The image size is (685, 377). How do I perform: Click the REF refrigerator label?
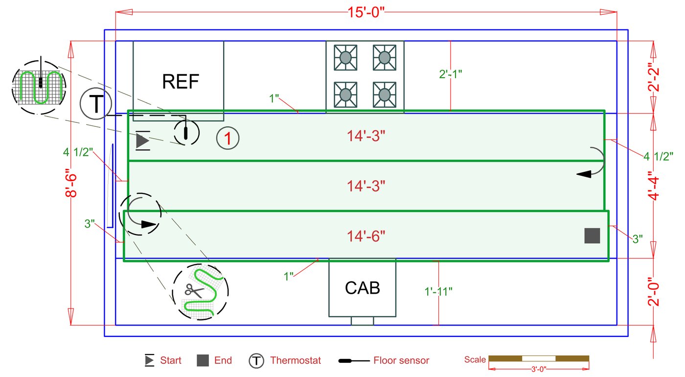[x=181, y=81]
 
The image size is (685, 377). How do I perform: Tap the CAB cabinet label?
[x=363, y=287]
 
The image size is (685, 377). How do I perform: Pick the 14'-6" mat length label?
[x=366, y=236]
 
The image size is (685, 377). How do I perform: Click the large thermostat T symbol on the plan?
[x=96, y=104]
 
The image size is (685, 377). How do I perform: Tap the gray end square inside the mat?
[x=592, y=236]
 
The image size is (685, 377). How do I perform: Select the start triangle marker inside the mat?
[x=142, y=141]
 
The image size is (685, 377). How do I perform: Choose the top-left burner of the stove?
[x=345, y=57]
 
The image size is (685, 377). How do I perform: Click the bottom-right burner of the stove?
[x=385, y=94]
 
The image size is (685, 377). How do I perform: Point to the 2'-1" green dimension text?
[x=451, y=74]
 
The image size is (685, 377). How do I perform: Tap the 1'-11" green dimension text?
[x=438, y=291]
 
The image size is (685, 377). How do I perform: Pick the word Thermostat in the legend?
[x=296, y=361]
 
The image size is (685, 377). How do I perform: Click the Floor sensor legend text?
[x=401, y=361]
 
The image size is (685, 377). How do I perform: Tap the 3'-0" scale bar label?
[x=539, y=369]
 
